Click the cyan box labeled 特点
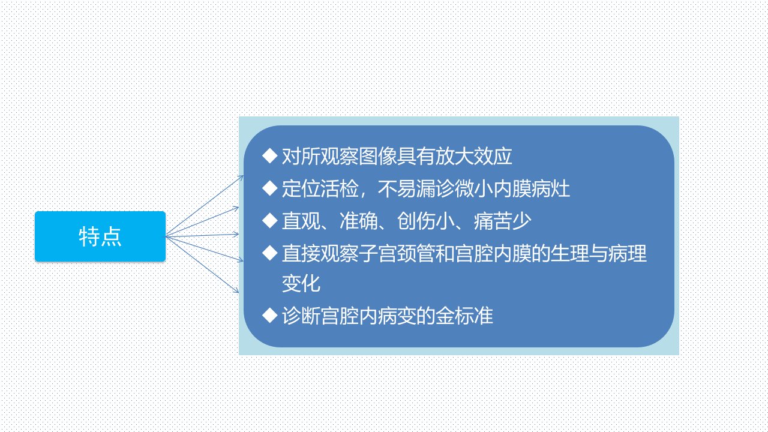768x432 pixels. [x=100, y=236]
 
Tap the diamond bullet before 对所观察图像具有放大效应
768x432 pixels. [x=270, y=156]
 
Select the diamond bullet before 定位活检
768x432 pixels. [x=270, y=188]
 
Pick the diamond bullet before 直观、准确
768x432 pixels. [x=270, y=220]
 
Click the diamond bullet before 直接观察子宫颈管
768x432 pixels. [x=270, y=253]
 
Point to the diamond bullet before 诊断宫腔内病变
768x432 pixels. [x=270, y=316]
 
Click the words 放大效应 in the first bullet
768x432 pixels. [x=473, y=157]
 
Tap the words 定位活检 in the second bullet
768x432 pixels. [x=320, y=188]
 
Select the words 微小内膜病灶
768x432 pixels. [x=512, y=188]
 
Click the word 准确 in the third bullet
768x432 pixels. [x=359, y=221]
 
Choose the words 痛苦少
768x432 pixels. [x=503, y=221]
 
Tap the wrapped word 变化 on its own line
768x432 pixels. [x=301, y=284]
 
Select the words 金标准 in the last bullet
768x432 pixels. [x=464, y=316]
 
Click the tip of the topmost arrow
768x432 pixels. [x=244, y=176]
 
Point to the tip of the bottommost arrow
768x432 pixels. [x=239, y=292]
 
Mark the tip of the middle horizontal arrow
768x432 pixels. [x=239, y=235]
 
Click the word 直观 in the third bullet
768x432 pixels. [x=301, y=221]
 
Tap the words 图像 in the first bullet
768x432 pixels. [x=377, y=157]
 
